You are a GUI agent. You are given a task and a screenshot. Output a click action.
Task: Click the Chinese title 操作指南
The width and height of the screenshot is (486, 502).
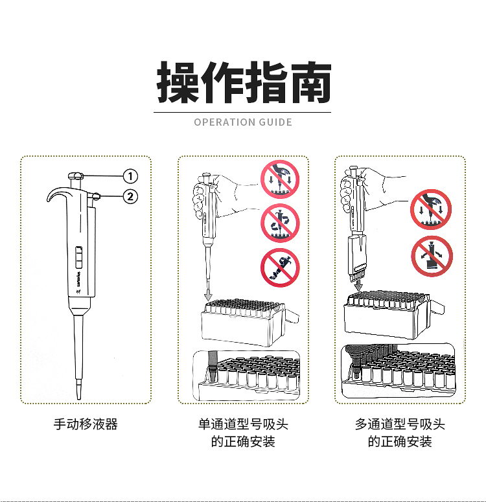pos(244,83)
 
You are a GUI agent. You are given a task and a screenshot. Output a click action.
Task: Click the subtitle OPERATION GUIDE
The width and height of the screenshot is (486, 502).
pos(243,122)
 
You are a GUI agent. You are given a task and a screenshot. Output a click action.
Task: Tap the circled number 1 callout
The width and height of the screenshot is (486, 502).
pos(130,176)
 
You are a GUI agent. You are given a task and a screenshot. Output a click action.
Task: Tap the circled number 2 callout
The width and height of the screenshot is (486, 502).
pos(130,196)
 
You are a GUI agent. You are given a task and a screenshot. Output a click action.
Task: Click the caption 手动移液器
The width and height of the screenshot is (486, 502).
pos(86,425)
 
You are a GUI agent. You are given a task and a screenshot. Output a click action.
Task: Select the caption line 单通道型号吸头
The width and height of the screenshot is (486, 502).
pos(243,425)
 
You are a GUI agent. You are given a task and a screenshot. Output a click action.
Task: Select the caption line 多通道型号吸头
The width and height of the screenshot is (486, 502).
pos(400,425)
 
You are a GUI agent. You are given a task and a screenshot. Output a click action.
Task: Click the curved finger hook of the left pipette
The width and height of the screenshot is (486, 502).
pos(57,194)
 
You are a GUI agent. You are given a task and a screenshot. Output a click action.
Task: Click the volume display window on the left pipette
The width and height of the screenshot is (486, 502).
pos(78,257)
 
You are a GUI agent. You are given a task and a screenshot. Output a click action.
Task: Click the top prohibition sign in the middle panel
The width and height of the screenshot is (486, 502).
pos(279,179)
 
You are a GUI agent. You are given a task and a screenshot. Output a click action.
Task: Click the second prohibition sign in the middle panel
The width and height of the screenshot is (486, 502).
pos(279,223)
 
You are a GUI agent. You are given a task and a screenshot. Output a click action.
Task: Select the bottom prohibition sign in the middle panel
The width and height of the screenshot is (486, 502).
pos(279,268)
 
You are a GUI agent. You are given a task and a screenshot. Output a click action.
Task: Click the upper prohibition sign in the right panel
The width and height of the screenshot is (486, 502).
pos(431,209)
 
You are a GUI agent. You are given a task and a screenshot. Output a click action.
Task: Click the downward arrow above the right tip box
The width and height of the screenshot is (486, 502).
pos(358,286)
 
